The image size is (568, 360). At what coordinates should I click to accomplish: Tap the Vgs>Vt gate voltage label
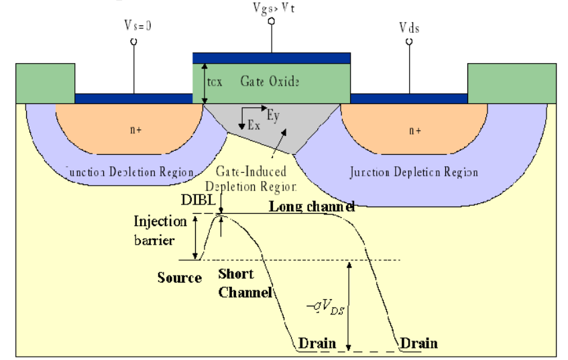pyautogui.click(x=272, y=7)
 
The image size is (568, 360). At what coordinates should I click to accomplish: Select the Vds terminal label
pyautogui.click(x=410, y=29)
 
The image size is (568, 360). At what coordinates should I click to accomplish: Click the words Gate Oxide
pyautogui.click(x=270, y=81)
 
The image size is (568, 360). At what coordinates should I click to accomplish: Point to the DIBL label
pyautogui.click(x=194, y=200)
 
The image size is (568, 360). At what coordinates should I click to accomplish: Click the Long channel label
pyautogui.click(x=312, y=206)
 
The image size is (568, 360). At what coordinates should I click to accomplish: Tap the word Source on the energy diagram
pyautogui.click(x=180, y=278)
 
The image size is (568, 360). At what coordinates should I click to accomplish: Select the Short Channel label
pyautogui.click(x=245, y=284)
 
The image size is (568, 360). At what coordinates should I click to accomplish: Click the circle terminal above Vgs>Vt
pyautogui.click(x=272, y=21)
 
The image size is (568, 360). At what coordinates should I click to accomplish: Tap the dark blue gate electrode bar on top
pyautogui.click(x=271, y=58)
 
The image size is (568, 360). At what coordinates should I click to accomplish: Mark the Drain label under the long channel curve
pyautogui.click(x=418, y=344)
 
